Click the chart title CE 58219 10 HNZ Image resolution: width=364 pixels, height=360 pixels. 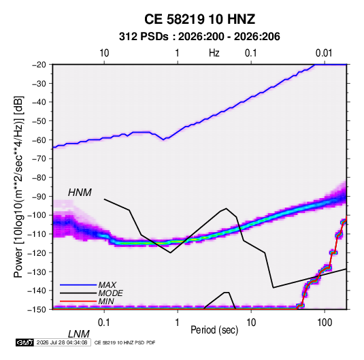pos(199,19)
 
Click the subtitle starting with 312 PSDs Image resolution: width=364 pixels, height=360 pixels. pos(199,37)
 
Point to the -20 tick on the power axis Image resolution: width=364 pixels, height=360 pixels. pos(39,65)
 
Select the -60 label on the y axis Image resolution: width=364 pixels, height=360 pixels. pos(39,140)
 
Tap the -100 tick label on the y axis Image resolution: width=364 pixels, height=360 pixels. pos(37,215)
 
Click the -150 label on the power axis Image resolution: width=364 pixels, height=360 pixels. pos(37,310)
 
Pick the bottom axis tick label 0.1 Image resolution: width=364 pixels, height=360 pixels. pos(104,323)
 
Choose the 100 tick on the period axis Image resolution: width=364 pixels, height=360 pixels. pos(325,323)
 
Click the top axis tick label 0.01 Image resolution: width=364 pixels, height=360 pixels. pos(324,53)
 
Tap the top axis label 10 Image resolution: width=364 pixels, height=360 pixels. pos(104,53)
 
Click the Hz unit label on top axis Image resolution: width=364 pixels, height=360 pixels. pos(214,53)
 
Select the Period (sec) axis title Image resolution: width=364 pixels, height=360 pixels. pos(214,330)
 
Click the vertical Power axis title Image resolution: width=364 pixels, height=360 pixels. pos(18,186)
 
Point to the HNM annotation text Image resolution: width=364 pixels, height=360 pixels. pos(80,193)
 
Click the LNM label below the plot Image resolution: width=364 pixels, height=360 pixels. pos(78,334)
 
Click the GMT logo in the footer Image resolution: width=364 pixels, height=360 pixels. pos(25,342)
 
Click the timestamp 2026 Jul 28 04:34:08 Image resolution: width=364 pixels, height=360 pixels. pos(62,342)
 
